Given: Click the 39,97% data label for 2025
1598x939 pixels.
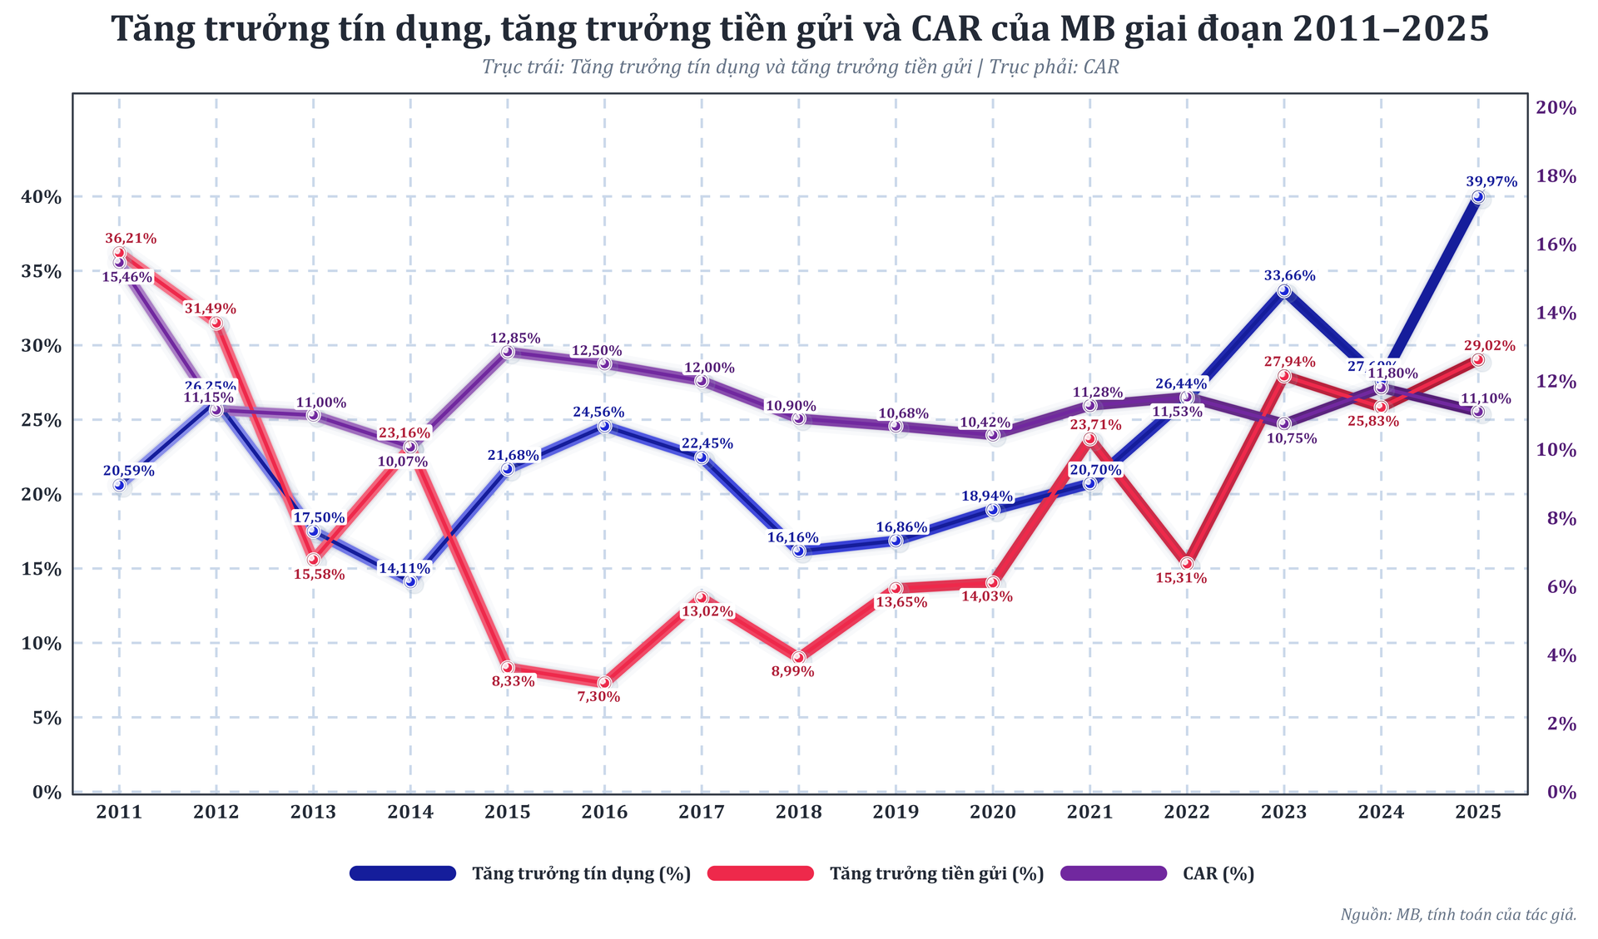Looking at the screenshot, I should tap(1491, 181).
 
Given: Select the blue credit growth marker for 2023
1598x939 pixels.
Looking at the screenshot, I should tap(1284, 290).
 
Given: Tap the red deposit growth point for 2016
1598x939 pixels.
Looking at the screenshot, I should tap(604, 683).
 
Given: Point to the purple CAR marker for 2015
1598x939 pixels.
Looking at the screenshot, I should tap(508, 352).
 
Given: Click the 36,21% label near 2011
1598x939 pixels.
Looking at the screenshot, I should tap(131, 239).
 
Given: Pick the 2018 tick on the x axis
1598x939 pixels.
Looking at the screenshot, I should tap(798, 813).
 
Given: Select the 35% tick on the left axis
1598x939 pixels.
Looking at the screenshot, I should tap(42, 271).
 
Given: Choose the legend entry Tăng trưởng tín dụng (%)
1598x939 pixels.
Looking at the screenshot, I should tap(581, 874).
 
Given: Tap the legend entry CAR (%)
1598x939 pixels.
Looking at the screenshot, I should tap(1218, 874).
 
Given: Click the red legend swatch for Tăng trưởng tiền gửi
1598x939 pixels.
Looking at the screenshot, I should tap(759, 873).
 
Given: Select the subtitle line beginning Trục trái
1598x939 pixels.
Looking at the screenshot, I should tap(800, 67).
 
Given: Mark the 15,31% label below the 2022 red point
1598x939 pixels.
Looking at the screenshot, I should tap(1181, 578).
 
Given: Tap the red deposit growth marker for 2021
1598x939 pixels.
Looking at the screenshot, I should tap(1090, 439).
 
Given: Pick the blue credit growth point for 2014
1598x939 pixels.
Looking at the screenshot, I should tap(410, 581).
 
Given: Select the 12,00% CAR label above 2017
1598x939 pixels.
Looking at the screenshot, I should tap(709, 368).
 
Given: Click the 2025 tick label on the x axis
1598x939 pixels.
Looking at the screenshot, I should tap(1477, 813).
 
